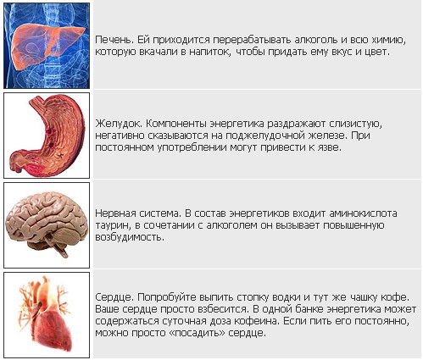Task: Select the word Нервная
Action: (x=115, y=213)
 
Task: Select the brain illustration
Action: (x=46, y=223)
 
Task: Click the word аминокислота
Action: (x=363, y=213)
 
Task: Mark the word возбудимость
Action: (x=130, y=237)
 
